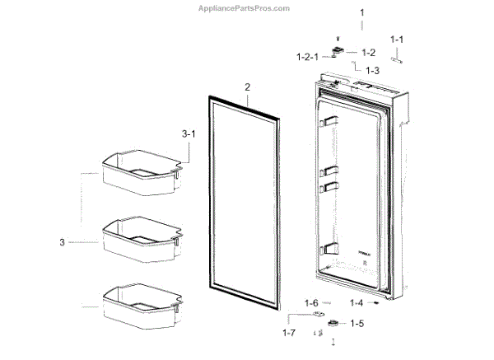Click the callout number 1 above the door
361,13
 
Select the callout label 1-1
397,39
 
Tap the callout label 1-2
368,52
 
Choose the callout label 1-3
372,71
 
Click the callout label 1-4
357,303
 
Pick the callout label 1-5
357,323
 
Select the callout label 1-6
311,303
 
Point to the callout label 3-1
189,133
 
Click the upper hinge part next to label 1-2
338,53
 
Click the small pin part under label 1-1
397,58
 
